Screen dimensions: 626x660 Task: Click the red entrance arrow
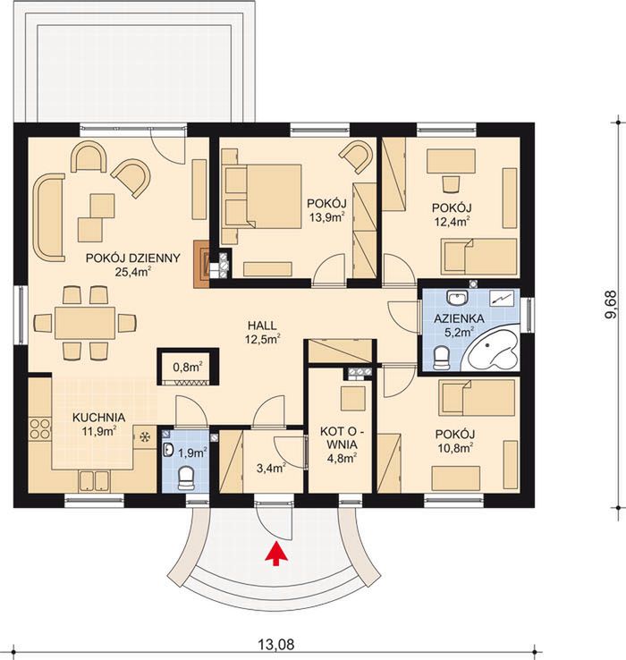pos(276,554)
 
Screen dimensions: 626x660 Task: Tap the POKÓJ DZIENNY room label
pos(133,258)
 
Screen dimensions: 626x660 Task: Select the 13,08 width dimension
pos(275,644)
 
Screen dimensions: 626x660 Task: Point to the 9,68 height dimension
pos(611,305)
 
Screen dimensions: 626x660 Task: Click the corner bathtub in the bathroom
pos(493,351)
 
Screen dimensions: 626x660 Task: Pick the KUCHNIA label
pos(99,418)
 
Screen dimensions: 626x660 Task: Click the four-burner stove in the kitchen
pos(39,428)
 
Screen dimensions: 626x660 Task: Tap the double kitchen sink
pos(94,481)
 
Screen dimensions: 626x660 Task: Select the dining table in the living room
pos(85,323)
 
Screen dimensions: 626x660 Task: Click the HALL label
pos(262,326)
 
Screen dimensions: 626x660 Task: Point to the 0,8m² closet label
pos(188,367)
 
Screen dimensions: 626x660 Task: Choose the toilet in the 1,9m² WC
pos(186,478)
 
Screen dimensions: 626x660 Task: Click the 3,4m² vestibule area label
pos(272,467)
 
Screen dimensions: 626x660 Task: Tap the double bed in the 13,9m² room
pos(261,197)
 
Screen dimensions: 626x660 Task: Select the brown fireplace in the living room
pos(201,264)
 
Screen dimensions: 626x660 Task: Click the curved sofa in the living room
pos(48,217)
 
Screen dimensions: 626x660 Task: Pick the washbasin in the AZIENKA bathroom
pos(457,298)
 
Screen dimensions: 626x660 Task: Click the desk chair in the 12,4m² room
pos(451,183)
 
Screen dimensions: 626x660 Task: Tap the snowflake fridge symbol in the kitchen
pos(145,437)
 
